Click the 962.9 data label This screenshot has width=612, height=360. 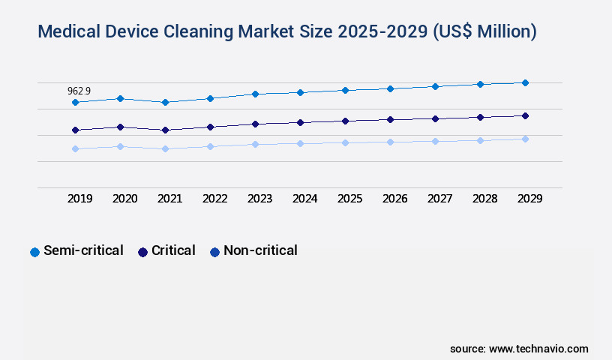(79, 91)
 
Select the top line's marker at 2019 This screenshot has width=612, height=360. (75, 102)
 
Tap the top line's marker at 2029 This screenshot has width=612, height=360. (525, 82)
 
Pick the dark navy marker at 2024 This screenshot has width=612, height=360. (300, 122)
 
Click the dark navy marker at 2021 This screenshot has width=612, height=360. (165, 130)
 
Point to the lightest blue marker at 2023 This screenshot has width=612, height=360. (255, 144)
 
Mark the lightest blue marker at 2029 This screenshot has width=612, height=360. (525, 139)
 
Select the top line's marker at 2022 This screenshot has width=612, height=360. (210, 98)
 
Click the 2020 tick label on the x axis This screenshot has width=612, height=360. (124, 199)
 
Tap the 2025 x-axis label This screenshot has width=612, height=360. (349, 199)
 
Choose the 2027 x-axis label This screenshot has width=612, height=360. (439, 199)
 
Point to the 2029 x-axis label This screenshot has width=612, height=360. (529, 199)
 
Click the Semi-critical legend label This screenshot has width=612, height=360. (83, 250)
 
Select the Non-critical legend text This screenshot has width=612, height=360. (260, 250)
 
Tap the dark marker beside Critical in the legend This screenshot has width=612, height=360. (142, 252)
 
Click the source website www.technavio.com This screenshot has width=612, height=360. (538, 349)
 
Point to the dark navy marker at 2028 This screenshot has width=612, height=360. (480, 117)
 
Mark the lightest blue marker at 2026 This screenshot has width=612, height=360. (390, 142)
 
